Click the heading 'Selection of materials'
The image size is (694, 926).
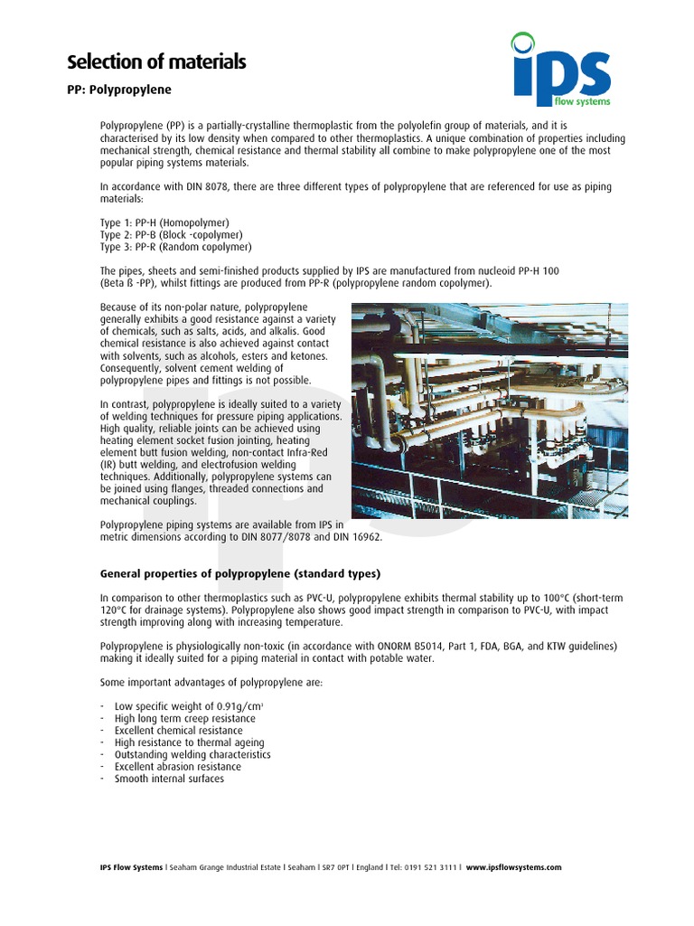click(x=156, y=62)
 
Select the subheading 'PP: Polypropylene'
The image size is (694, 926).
click(x=119, y=90)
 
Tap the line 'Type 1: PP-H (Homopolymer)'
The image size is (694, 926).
click(x=164, y=222)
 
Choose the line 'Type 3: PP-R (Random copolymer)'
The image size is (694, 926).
click(x=175, y=246)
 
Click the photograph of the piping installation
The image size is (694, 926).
click(x=489, y=411)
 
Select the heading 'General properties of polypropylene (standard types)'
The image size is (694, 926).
click(x=240, y=574)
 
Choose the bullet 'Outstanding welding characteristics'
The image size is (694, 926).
click(x=192, y=754)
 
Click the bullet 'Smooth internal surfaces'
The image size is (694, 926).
click(x=169, y=779)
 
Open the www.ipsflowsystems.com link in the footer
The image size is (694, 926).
click(x=513, y=867)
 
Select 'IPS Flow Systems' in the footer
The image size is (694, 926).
click(x=132, y=867)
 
